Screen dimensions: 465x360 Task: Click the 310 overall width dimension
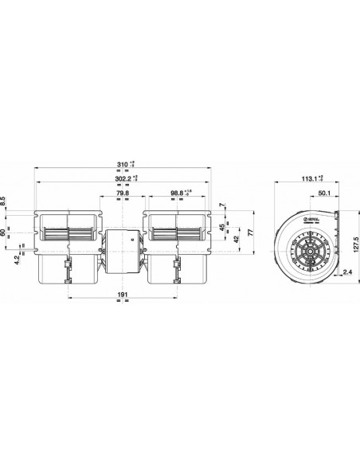(x=121, y=165)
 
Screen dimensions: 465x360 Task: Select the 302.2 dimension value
(x=123, y=179)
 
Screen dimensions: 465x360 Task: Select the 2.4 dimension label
(x=348, y=272)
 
